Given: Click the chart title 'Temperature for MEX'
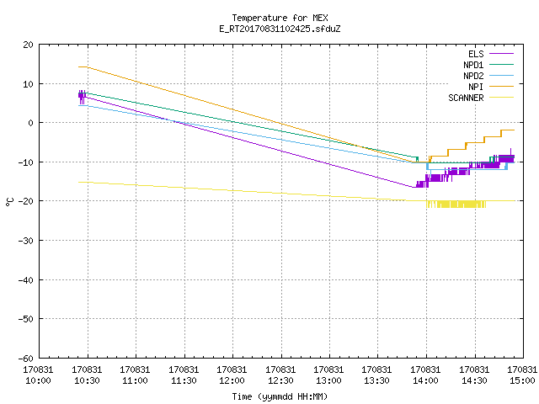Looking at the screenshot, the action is pyautogui.click(x=280, y=18).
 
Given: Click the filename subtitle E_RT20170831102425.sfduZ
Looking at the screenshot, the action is pyautogui.click(x=280, y=29).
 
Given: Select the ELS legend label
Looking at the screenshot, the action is pyautogui.click(x=476, y=54).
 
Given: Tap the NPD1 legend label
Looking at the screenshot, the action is pyautogui.click(x=473, y=65).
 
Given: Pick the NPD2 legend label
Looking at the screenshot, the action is pyautogui.click(x=473, y=76).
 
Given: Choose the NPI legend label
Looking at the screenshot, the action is pyautogui.click(x=476, y=87).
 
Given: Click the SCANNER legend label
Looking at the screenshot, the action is pyautogui.click(x=466, y=98).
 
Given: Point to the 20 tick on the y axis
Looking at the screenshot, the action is pyautogui.click(x=29, y=45).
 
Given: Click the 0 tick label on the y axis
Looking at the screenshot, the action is pyautogui.click(x=31, y=123).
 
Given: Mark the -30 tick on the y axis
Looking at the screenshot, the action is pyautogui.click(x=26, y=241).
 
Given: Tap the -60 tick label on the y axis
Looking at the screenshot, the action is pyautogui.click(x=26, y=359).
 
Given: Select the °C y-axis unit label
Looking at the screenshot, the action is pyautogui.click(x=9, y=202).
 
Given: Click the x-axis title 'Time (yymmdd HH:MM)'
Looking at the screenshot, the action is pyautogui.click(x=280, y=396).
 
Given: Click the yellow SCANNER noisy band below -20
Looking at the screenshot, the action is pyautogui.click(x=456, y=205).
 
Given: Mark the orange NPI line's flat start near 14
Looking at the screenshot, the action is pyautogui.click(x=83, y=67).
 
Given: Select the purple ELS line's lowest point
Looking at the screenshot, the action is pyautogui.click(x=414, y=187).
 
